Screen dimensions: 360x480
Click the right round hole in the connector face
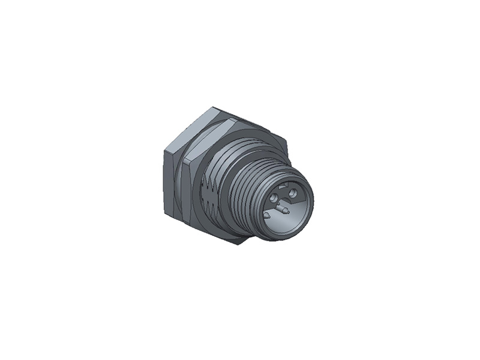coord(293,193)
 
